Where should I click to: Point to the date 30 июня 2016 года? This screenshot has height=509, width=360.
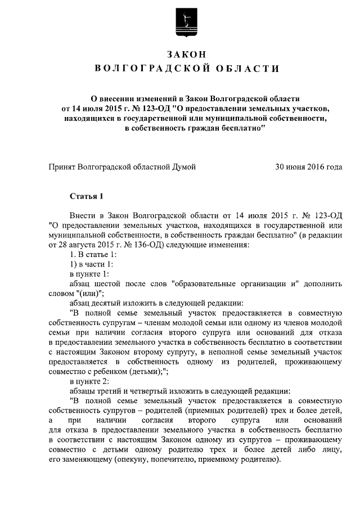[308, 167]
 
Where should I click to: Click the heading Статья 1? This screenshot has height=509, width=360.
[87, 196]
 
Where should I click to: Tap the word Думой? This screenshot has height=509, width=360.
[184, 167]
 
